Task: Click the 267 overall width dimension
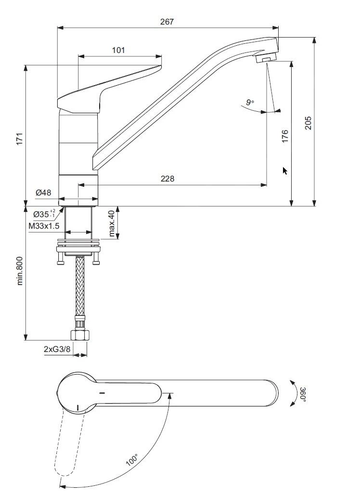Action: (167, 22)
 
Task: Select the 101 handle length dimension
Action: (119, 50)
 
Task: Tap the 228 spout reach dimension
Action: (167, 179)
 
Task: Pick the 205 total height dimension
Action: (309, 123)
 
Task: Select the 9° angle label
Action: (249, 102)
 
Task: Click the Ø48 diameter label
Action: (43, 193)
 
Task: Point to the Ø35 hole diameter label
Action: (44, 213)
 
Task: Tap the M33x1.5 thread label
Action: (44, 226)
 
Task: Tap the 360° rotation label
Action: (303, 393)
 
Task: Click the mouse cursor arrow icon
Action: (285, 170)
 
